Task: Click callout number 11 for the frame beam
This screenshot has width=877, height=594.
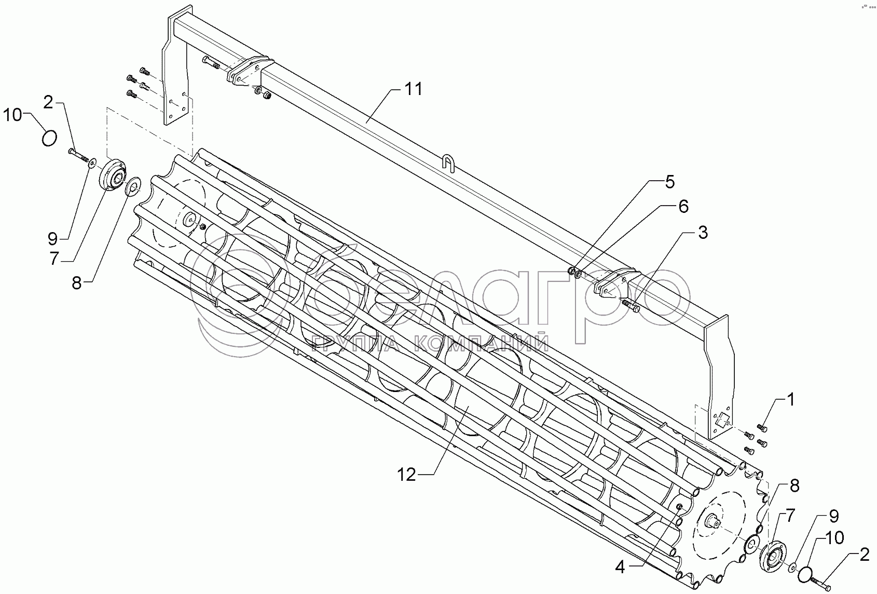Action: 414,89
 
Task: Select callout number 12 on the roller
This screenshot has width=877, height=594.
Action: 407,475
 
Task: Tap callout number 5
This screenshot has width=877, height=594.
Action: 669,182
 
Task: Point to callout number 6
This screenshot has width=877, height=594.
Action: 683,207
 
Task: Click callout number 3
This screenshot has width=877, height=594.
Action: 703,233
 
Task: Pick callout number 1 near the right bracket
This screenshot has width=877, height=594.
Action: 790,400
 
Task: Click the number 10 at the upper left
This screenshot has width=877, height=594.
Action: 12,115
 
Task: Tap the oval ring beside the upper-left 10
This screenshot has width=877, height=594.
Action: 50,139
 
